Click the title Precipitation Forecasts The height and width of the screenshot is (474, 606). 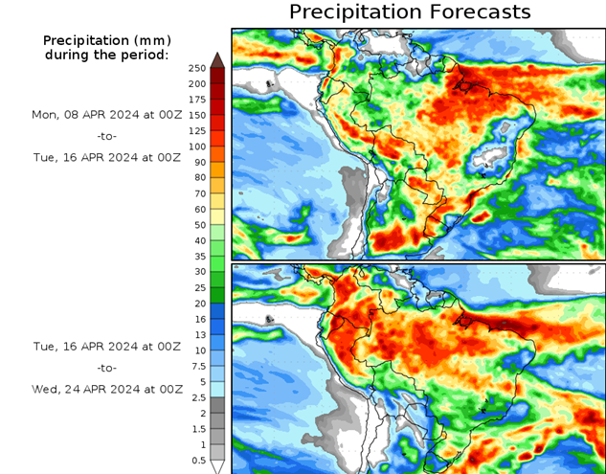pyautogui.click(x=409, y=12)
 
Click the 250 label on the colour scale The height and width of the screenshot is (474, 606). pyautogui.click(x=197, y=68)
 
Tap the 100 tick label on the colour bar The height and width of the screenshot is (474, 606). pyautogui.click(x=197, y=147)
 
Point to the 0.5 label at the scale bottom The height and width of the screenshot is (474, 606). pyautogui.click(x=197, y=460)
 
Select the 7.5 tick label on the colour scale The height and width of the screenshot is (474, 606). pyautogui.click(x=197, y=366)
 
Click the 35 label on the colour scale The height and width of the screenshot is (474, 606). pyautogui.click(x=198, y=256)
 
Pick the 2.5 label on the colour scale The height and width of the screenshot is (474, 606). pyautogui.click(x=197, y=396)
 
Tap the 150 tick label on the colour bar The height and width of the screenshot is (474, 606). pyautogui.click(x=197, y=115)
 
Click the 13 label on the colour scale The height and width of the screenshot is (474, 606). pyautogui.click(x=198, y=334)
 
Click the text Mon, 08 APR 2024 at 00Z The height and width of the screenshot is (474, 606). pyautogui.click(x=106, y=114)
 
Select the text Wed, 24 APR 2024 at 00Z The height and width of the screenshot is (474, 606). pyautogui.click(x=106, y=389)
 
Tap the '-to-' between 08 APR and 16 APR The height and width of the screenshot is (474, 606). pyautogui.click(x=106, y=136)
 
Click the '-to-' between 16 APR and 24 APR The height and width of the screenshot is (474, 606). pyautogui.click(x=106, y=368)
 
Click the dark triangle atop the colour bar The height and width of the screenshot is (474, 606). pyautogui.click(x=217, y=59)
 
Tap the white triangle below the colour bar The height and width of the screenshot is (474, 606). pyautogui.click(x=217, y=466)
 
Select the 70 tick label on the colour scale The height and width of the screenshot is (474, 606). pyautogui.click(x=198, y=193)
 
